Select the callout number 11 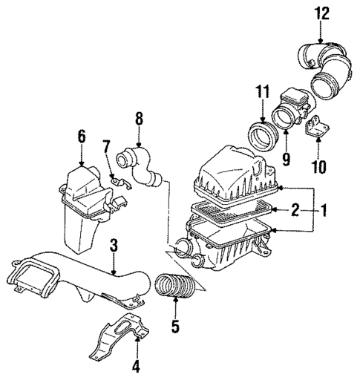[x=259, y=92]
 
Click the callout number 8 [x=138, y=117]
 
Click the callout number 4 [x=137, y=365]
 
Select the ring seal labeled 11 [x=260, y=139]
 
